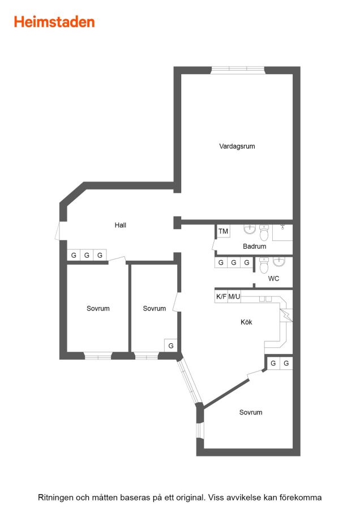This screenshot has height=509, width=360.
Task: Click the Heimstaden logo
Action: (54, 22)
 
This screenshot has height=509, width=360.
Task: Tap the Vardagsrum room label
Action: (237, 146)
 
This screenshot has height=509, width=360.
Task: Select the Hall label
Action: (120, 225)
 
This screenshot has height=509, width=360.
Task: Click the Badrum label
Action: (254, 247)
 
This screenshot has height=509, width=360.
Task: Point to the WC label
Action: (273, 278)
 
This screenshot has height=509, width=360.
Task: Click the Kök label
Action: (246, 322)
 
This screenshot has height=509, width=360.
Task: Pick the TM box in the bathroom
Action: (223, 231)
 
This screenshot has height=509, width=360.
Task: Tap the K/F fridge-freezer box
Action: (221, 296)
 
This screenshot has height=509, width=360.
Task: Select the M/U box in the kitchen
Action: (234, 296)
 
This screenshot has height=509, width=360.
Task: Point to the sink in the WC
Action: (279, 261)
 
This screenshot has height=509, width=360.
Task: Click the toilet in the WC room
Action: (264, 265)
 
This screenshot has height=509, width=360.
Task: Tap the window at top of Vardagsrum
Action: (238, 70)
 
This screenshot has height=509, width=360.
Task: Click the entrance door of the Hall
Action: (58, 231)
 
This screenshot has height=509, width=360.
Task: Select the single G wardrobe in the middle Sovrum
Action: (171, 346)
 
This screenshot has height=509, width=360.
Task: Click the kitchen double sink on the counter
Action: (265, 299)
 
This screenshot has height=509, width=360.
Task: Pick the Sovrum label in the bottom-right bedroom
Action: (251, 413)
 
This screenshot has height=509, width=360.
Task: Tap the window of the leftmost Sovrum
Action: (98, 356)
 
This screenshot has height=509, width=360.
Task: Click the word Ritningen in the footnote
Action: (55, 497)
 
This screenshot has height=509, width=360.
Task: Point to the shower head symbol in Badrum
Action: (282, 226)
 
